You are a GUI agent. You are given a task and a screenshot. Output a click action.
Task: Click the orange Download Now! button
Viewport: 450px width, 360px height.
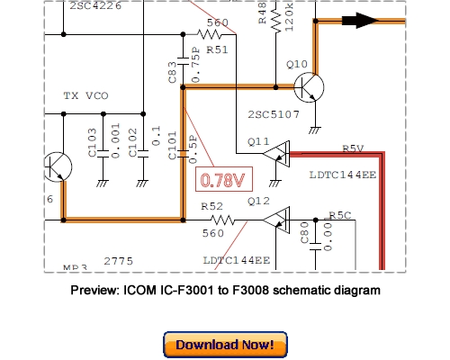click(x=225, y=345)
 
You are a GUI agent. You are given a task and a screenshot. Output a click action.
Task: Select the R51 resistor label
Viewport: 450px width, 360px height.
click(x=217, y=49)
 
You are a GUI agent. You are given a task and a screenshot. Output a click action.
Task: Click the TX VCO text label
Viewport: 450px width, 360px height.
click(x=83, y=94)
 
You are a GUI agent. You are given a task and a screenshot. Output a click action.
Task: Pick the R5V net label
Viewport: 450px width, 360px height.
click(x=352, y=148)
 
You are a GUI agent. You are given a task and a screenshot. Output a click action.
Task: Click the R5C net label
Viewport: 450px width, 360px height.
click(x=340, y=215)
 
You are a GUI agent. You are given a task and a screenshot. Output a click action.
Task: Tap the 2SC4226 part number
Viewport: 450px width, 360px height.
click(x=92, y=5)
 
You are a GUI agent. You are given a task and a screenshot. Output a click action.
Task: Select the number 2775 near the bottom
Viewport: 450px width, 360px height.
click(x=119, y=260)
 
